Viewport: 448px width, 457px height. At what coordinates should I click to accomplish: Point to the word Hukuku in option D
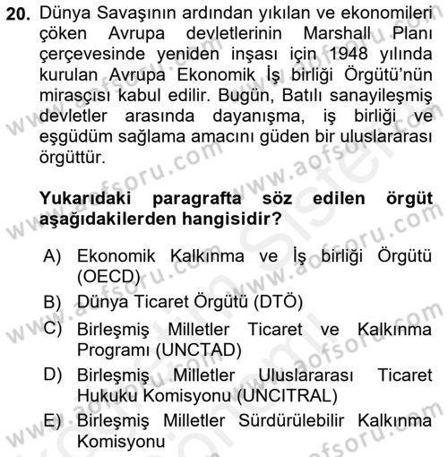click(106, 395)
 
